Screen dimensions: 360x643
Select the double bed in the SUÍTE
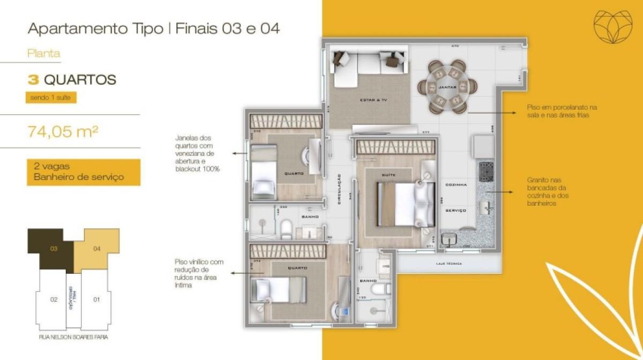406,204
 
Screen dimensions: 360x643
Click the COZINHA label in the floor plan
455,185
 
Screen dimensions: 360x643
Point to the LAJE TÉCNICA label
449,264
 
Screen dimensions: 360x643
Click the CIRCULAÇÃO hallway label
340,187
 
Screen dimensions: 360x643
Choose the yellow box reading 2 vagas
84,172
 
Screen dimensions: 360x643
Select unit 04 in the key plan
97,249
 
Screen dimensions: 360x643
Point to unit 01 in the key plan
96,299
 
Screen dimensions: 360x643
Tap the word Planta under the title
43,54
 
